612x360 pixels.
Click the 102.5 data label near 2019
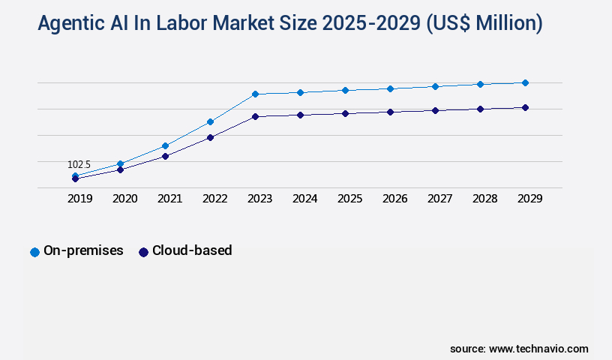point(79,164)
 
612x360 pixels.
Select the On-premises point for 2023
point(255,94)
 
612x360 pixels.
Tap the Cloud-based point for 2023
point(255,116)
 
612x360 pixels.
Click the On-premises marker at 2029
point(525,82)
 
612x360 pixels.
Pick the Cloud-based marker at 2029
point(525,107)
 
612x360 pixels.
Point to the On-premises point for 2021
point(165,145)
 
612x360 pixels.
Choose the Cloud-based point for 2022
point(210,137)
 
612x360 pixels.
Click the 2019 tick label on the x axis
point(80,199)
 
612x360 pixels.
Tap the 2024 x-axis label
point(304,199)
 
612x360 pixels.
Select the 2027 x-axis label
point(439,199)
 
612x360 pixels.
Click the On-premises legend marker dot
point(34,252)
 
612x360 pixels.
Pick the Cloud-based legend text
point(192,250)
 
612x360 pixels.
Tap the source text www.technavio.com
point(538,349)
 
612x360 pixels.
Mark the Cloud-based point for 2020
point(120,169)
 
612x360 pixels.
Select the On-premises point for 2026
point(390,88)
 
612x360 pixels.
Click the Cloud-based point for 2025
point(345,113)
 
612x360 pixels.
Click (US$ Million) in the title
point(484,24)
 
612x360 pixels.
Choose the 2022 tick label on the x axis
point(214,199)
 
